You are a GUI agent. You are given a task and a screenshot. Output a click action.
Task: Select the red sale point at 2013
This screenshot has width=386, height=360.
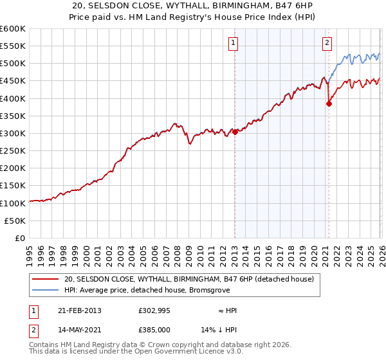coord(235,132)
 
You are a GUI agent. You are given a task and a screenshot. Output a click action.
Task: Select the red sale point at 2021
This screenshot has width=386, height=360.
coord(329,103)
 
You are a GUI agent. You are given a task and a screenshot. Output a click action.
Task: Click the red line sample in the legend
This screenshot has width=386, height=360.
coord(46,279)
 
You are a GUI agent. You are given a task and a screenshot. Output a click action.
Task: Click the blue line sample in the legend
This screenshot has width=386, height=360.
coord(46,290)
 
